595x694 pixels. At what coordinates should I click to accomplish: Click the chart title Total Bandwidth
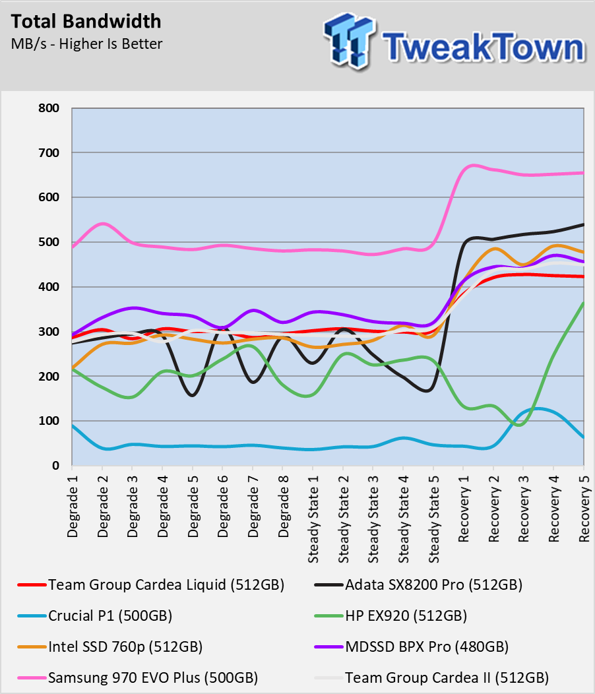(86, 21)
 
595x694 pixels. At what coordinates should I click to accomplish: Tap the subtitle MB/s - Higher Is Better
(87, 44)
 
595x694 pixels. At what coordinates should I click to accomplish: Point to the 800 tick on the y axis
(49, 108)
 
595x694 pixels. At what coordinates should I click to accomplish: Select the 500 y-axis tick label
(49, 242)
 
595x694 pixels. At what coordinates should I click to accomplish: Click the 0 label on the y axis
(55, 466)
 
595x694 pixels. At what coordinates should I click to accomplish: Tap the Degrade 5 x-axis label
(193, 506)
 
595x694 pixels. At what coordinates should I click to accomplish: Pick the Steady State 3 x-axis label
(373, 519)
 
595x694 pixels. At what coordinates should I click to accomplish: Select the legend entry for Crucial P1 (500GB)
(95, 615)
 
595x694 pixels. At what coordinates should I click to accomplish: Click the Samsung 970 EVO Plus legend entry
(138, 678)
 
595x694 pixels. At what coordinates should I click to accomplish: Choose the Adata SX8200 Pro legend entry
(418, 584)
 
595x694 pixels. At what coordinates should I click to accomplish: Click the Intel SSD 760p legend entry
(110, 647)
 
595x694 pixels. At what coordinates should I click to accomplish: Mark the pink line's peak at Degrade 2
(103, 224)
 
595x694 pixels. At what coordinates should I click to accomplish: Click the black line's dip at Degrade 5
(193, 395)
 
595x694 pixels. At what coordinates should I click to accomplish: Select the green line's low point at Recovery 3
(521, 425)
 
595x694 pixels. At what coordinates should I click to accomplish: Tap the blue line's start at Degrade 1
(72, 426)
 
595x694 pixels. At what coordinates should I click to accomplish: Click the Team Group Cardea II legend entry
(431, 678)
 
